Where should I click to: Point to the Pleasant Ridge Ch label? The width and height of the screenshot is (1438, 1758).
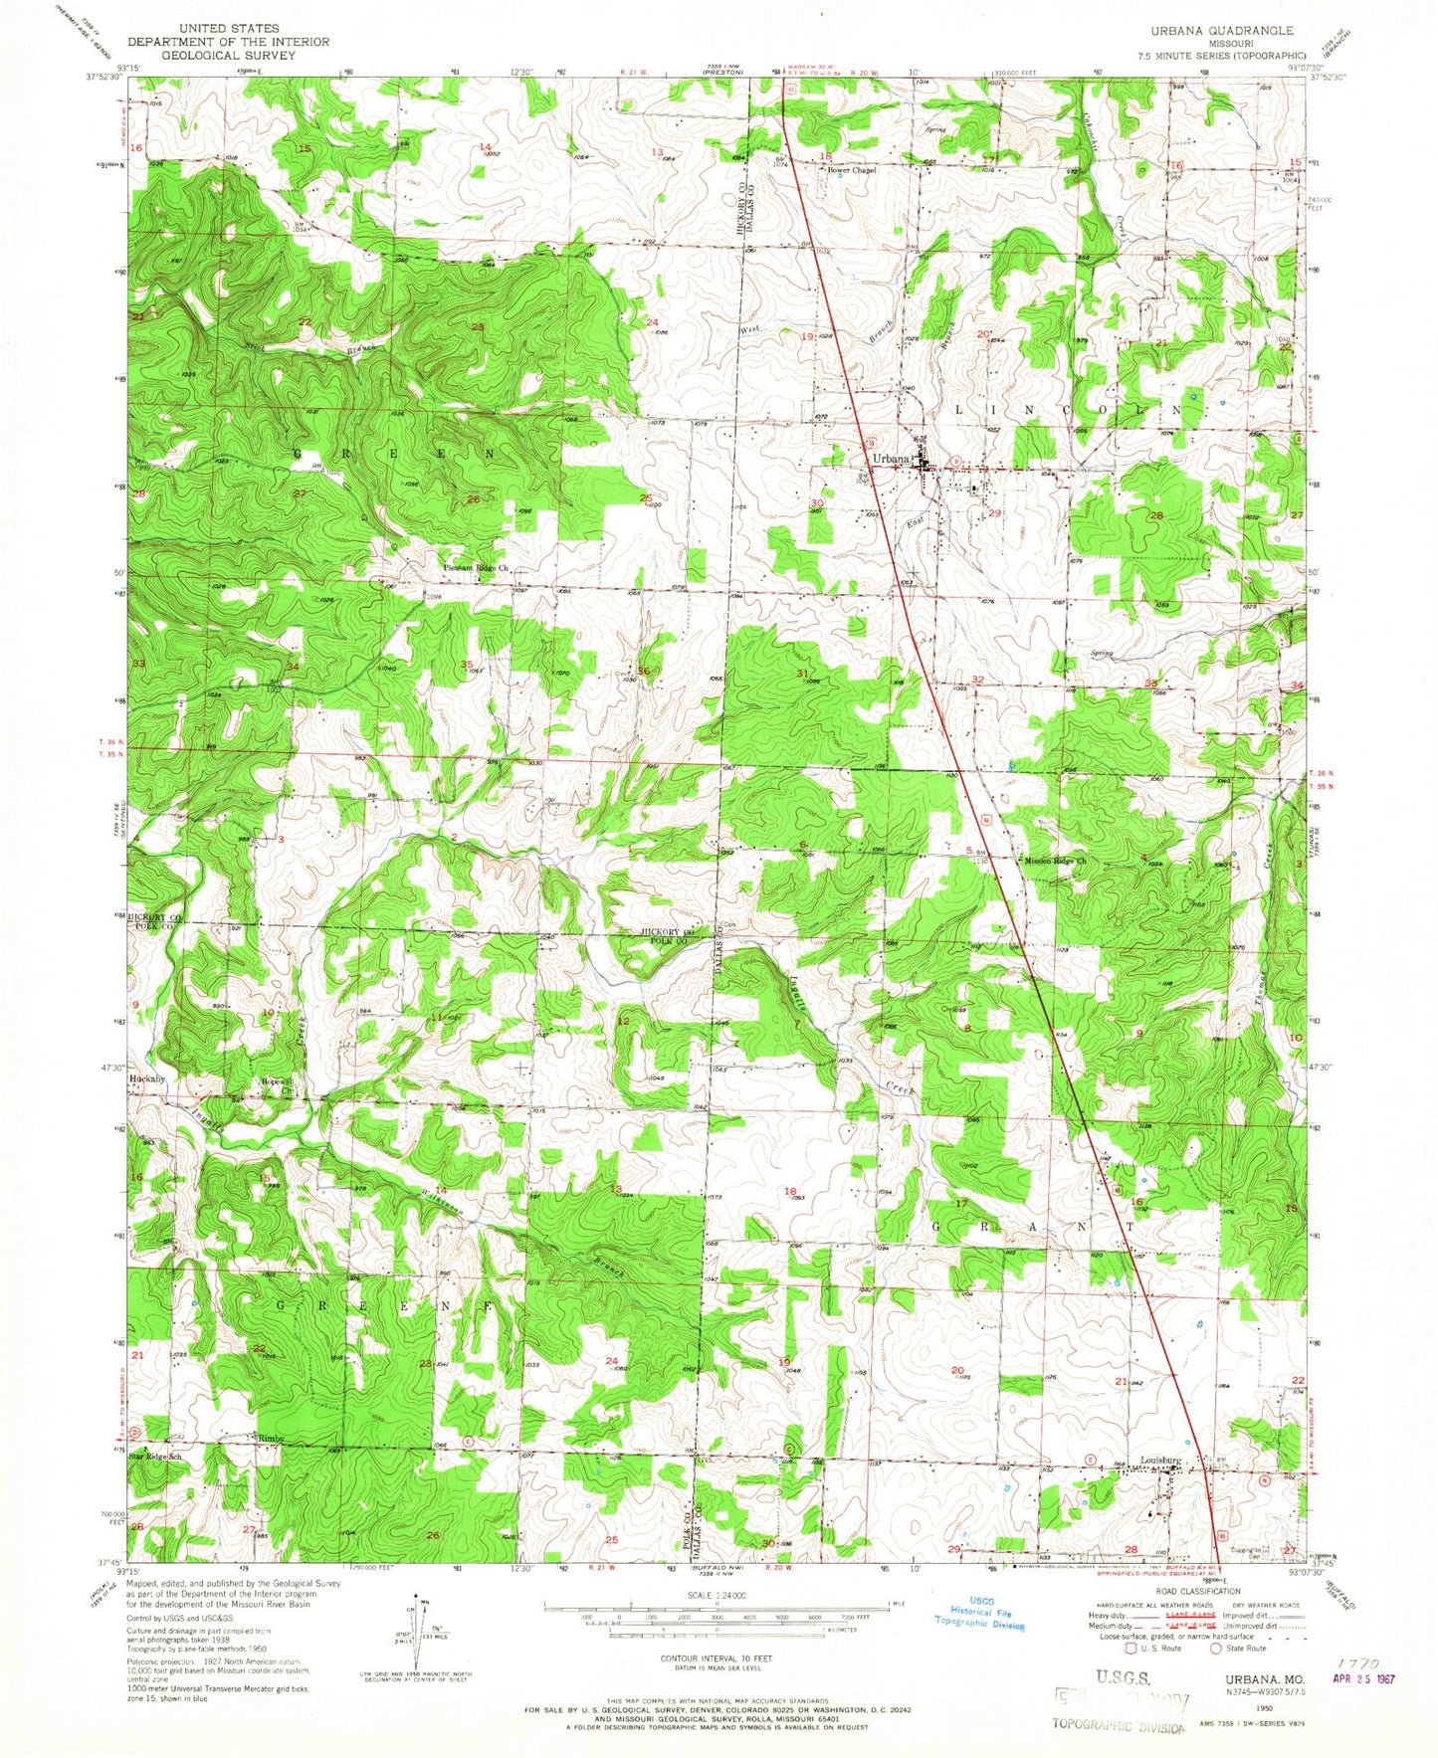tap(475, 568)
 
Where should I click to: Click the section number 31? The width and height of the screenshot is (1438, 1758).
tap(802, 674)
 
